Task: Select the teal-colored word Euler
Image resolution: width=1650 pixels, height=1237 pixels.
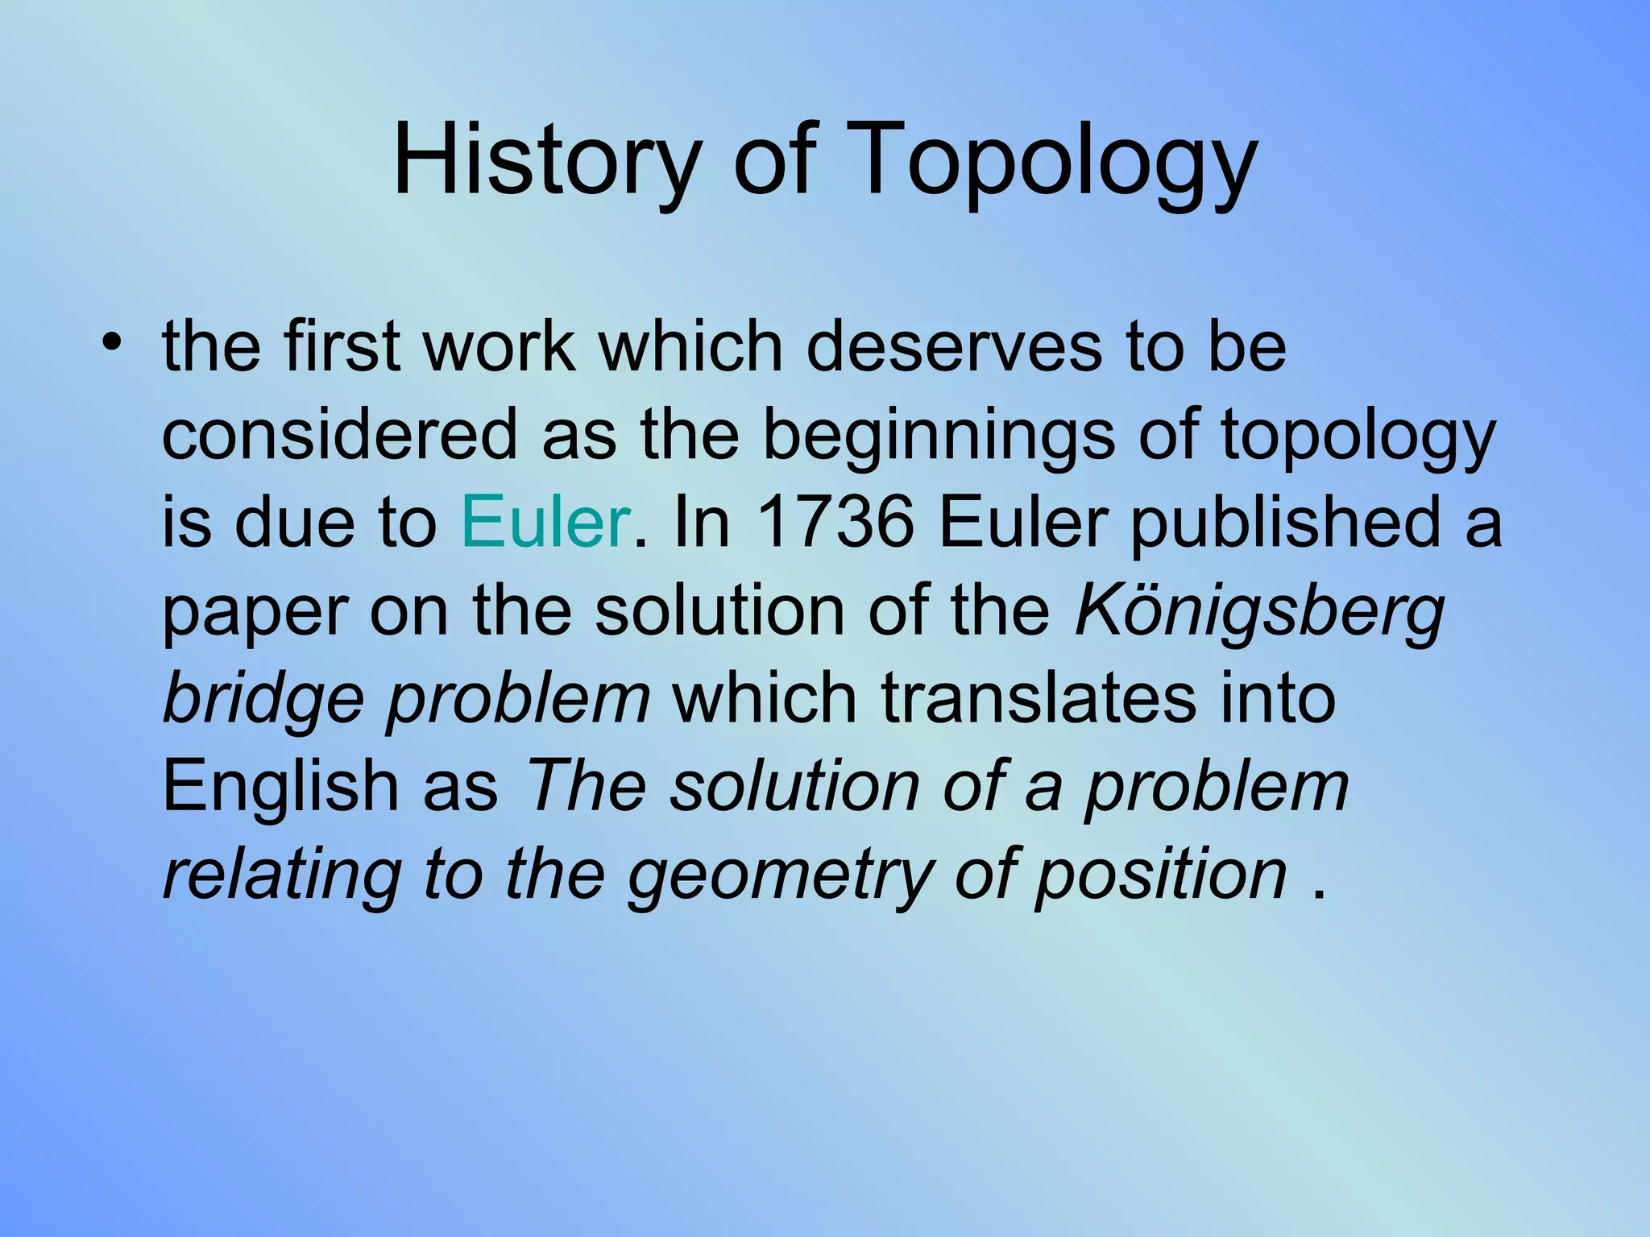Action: click(x=545, y=522)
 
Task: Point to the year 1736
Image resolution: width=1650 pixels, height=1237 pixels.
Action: click(x=835, y=522)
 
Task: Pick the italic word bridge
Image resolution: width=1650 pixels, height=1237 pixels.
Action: click(x=263, y=699)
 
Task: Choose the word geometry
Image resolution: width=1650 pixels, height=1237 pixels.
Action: click(x=780, y=876)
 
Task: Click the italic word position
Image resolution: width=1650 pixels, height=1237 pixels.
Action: click(x=1160, y=876)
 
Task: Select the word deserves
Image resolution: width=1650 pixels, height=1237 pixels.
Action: click(x=954, y=346)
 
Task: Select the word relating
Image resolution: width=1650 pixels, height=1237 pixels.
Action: click(x=282, y=876)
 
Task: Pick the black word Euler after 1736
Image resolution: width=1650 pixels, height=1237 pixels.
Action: click(x=1022, y=522)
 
